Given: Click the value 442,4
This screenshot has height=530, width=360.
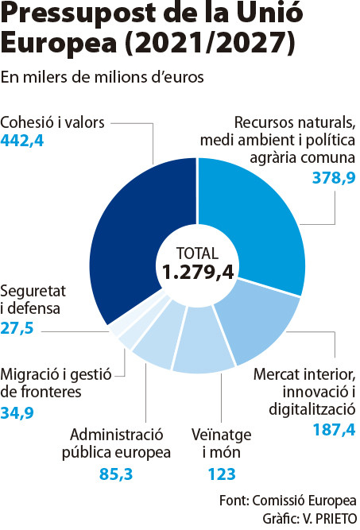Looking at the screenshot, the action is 22,141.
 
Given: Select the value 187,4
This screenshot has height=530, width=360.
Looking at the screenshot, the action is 334,430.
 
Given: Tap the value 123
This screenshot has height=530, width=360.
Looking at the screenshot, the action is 222,474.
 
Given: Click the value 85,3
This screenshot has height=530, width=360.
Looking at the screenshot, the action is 116,474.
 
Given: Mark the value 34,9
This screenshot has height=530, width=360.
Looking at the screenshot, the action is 17,413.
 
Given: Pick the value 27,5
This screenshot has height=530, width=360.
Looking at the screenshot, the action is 17,328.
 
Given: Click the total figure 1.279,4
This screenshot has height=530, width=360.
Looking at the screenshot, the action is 198,272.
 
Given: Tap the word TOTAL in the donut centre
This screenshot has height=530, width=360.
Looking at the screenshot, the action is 198,253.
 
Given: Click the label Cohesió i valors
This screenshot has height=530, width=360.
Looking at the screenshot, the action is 52,122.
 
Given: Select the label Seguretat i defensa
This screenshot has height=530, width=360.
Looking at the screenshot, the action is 33,300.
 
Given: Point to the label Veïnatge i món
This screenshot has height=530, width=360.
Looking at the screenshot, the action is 222,443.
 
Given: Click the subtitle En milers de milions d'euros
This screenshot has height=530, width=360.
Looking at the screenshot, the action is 103,77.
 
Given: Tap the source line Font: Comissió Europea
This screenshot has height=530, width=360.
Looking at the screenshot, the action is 288,501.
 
